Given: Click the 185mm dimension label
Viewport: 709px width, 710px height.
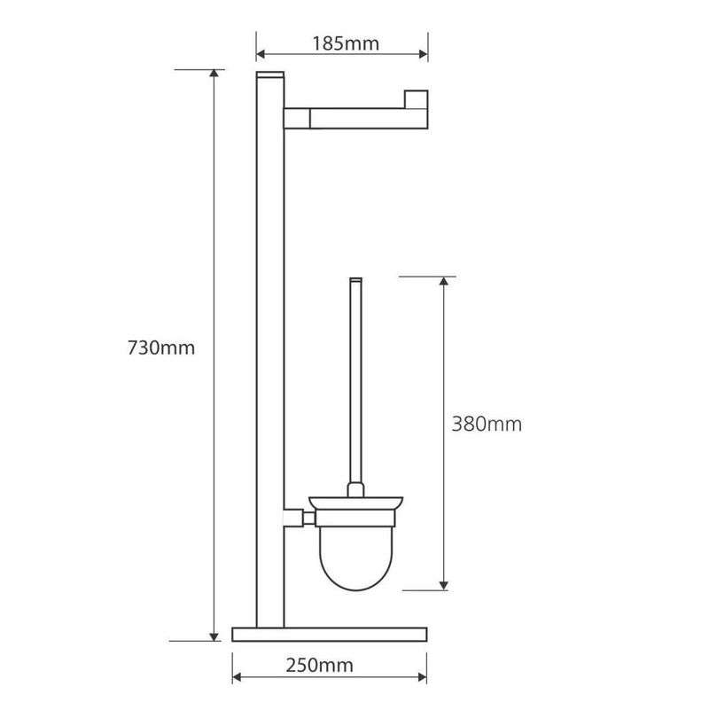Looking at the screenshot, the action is pyautogui.click(x=346, y=43).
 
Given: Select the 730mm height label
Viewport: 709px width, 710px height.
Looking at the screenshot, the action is pyautogui.click(x=161, y=347).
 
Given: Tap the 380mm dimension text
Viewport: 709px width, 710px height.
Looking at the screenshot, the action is pyautogui.click(x=487, y=425).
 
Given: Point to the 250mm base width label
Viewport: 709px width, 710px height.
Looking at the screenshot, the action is pyautogui.click(x=319, y=665).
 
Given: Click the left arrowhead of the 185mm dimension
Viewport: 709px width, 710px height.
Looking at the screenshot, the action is pyautogui.click(x=261, y=54).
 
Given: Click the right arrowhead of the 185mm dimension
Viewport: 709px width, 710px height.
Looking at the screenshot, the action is pyautogui.click(x=424, y=54).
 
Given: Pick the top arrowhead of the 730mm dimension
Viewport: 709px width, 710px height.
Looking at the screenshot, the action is pyautogui.click(x=214, y=74).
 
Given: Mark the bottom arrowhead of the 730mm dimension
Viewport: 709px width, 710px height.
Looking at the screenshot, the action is pyautogui.click(x=214, y=636).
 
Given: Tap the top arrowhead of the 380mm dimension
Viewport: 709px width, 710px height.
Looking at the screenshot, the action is pyautogui.click(x=444, y=281).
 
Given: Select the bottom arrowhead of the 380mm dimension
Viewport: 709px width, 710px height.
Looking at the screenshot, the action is pyautogui.click(x=444, y=586).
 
